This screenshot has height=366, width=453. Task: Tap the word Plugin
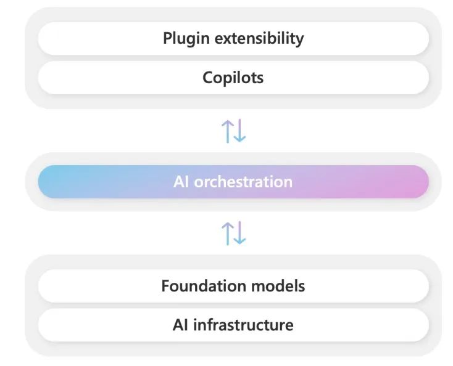pos(183,38)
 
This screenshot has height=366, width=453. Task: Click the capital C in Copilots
pos(208,78)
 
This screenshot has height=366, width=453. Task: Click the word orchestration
pos(243,182)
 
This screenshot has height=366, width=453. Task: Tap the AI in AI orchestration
pos(181,182)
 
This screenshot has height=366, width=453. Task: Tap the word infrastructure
pos(243,324)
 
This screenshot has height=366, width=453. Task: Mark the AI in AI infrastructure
pos(180,324)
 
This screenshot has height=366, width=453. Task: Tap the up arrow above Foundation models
pos(228,233)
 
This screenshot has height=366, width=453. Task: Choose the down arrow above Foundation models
pos(239,233)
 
